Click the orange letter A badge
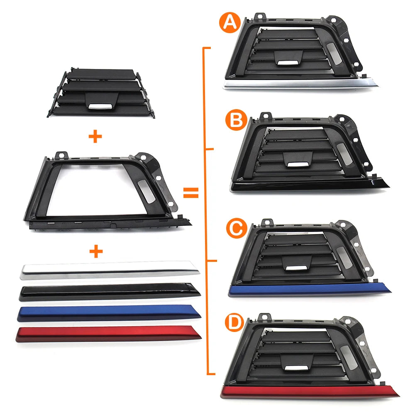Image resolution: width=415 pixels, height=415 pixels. point(230,22)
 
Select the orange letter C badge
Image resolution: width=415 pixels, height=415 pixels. point(237,228)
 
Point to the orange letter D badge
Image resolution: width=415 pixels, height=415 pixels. point(234,323)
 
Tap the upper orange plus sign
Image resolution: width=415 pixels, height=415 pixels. point(95,137)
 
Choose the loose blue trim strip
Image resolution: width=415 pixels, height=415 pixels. point(109,313)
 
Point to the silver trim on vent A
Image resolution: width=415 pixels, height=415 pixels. point(300,84)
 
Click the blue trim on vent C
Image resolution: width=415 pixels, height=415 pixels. point(310,290)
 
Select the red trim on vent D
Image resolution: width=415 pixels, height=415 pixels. point(310,392)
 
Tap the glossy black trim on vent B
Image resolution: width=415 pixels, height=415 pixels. point(310,185)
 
